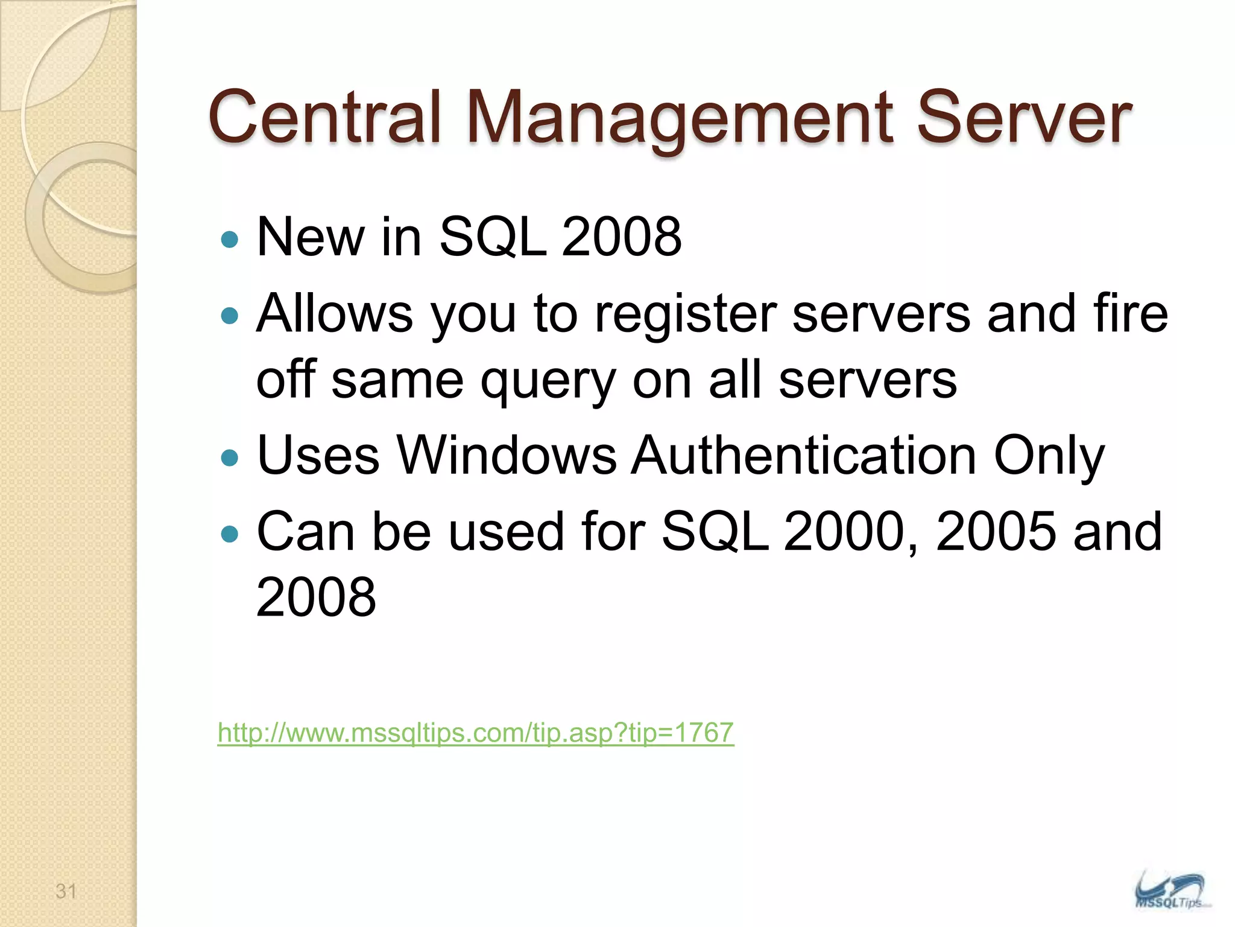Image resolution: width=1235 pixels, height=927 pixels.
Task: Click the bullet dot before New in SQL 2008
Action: coord(230,240)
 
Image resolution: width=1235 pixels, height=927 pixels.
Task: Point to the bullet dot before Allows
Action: coord(230,315)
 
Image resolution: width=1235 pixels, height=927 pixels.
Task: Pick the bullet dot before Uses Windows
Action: coord(230,457)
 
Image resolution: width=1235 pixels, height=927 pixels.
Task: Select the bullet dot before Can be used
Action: coord(230,534)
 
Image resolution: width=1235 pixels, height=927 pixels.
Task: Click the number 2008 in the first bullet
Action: coord(621,237)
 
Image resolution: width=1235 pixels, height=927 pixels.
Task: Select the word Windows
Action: coord(506,455)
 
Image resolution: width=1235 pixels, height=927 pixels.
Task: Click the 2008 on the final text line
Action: coord(316,597)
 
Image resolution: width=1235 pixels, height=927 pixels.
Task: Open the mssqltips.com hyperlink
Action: coord(476,733)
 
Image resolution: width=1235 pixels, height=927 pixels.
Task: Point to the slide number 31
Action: coord(66,891)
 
